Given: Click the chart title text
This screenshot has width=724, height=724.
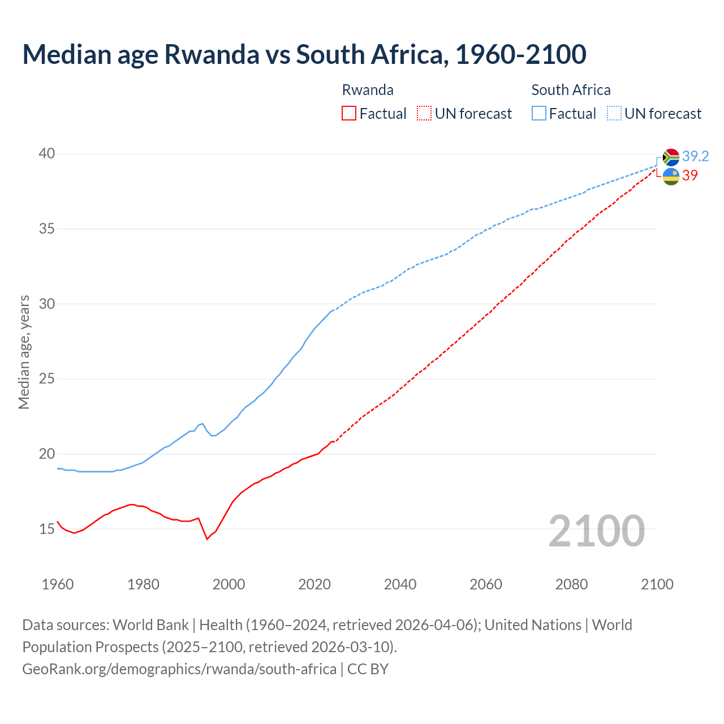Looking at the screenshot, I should pos(304,54).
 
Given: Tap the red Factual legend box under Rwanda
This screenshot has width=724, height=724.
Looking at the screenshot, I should pos(349,113).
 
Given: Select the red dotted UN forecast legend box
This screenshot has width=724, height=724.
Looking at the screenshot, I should pos(424,113).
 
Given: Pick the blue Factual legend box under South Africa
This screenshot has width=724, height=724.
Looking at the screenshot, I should pos(539,113).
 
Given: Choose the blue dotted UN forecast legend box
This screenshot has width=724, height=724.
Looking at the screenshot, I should pos(614,113).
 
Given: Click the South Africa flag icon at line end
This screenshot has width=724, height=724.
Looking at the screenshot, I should pos(671,157).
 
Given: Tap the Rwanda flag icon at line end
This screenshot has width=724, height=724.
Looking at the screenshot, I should pos(671,176).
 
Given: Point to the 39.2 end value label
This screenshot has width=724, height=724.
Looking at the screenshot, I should pos(695,156).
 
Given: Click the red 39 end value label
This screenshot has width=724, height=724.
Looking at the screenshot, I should pos(690,175).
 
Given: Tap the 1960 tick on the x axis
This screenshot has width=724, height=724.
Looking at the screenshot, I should pos(58,584).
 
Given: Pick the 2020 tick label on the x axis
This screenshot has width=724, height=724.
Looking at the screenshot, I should pos(314,584).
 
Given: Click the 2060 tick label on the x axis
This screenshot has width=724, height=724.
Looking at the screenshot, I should pos(486,584).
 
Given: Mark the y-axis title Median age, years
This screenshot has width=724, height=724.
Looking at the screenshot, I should pos(24,352).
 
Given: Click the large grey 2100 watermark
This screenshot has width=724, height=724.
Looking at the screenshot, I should pos(596,531).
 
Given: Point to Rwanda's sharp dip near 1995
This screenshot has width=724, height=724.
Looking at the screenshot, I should pos(207,538).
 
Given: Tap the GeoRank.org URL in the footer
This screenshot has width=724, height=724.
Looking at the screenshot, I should pos(179,669).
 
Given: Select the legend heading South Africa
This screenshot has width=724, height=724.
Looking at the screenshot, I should pos(571,90).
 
